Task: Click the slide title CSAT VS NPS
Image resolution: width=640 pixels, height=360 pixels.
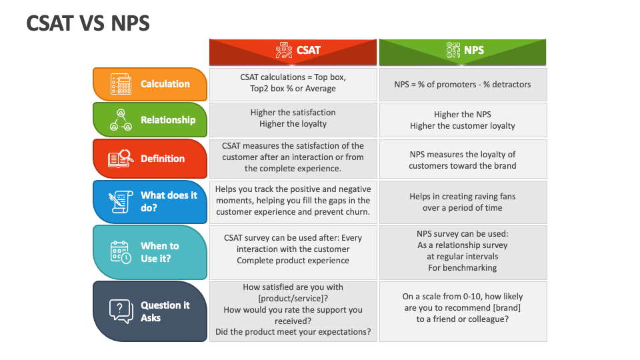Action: tap(88, 23)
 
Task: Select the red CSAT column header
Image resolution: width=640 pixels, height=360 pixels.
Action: tap(293, 52)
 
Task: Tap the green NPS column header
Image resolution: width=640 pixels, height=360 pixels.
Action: tap(463, 52)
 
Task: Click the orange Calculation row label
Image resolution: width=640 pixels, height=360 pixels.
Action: tap(150, 84)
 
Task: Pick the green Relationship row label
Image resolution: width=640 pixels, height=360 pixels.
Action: tap(150, 119)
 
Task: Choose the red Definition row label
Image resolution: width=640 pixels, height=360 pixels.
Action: tap(150, 159)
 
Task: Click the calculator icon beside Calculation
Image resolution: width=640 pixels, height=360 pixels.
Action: tap(121, 84)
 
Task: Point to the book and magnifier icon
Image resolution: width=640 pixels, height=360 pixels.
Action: tap(121, 159)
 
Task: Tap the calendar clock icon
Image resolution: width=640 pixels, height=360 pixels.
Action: tap(121, 252)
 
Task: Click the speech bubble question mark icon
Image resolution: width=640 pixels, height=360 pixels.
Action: tap(121, 311)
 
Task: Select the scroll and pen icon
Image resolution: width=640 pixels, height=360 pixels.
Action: tap(121, 201)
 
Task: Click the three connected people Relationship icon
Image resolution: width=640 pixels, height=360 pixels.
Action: tap(121, 119)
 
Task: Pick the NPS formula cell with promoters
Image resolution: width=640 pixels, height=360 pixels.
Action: tap(463, 85)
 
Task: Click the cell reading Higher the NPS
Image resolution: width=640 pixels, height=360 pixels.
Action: tap(463, 120)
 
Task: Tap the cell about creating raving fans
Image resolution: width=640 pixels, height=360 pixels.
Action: tap(463, 202)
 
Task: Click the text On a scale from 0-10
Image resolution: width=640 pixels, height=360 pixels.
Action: tap(436, 296)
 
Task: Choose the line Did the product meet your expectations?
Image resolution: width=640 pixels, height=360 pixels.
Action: tap(293, 332)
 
